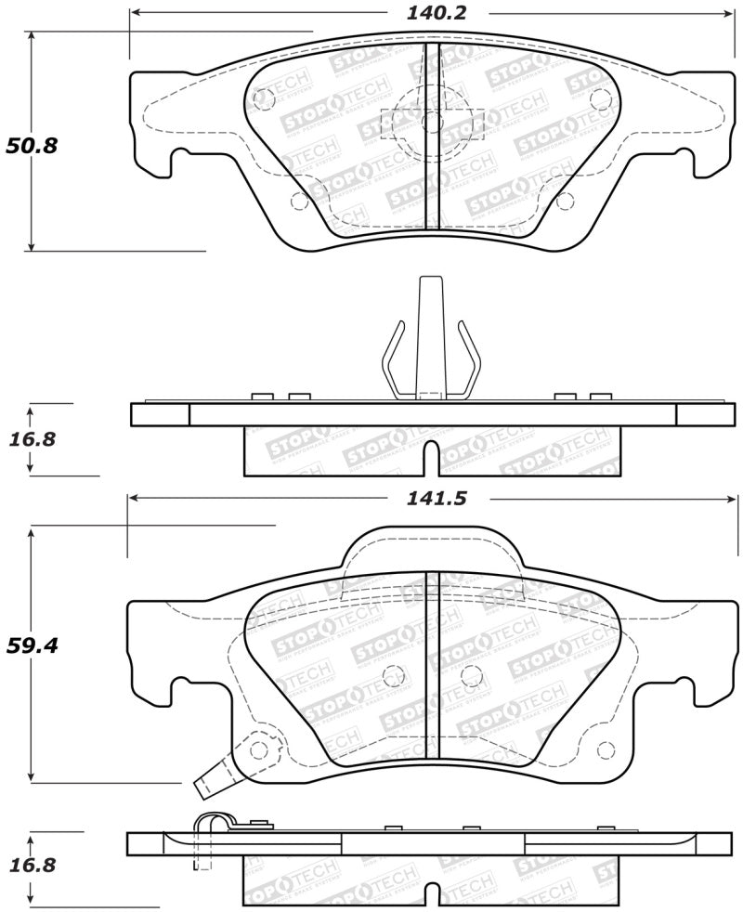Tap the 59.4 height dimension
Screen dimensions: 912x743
coord(32,645)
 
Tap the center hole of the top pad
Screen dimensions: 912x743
coord(430,122)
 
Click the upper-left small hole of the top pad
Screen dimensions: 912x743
coord(263,96)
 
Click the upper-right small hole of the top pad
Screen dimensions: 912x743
coord(596,96)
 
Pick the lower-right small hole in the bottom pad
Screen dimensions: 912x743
coord(608,749)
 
